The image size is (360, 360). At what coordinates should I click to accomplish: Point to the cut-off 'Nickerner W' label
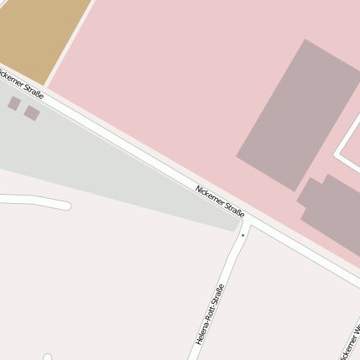[x=352, y=339]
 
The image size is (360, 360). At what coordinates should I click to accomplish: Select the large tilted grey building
[x=298, y=113]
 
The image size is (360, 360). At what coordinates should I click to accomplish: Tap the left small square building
[x=14, y=103]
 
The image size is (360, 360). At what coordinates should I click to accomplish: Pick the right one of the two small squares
[x=32, y=112]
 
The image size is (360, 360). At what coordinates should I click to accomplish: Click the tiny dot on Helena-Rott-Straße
[x=243, y=235]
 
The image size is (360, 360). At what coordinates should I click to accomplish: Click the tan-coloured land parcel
[x=42, y=34]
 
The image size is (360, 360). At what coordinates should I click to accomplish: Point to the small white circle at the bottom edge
[x=48, y=357]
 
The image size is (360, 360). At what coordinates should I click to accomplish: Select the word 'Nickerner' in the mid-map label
[x=210, y=195]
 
